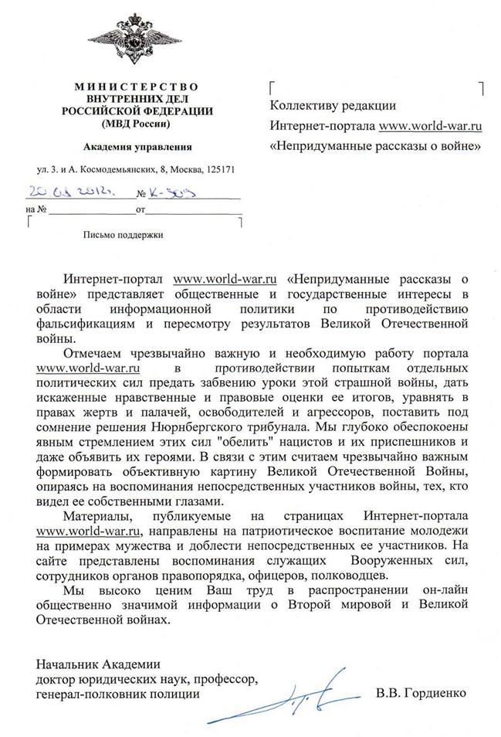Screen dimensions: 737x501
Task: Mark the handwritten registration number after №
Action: pos(173,192)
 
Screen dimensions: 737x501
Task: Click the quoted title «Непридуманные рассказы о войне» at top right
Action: pos(375,144)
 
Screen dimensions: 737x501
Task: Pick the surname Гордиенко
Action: pos(433,692)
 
